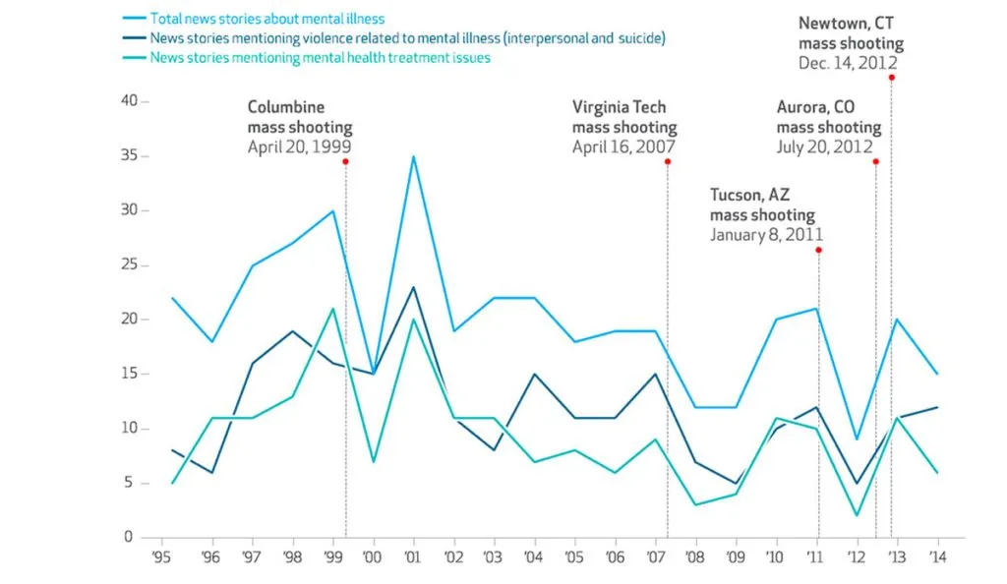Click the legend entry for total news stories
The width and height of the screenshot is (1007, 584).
pyautogui.click(x=267, y=19)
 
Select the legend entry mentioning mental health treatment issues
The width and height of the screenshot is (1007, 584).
pyautogui.click(x=320, y=58)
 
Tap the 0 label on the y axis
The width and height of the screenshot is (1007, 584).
pyautogui.click(x=128, y=537)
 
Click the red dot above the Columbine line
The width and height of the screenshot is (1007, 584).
pyautogui.click(x=345, y=161)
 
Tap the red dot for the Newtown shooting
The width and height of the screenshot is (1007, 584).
pyautogui.click(x=891, y=77)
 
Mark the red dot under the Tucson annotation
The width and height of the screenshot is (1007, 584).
pyautogui.click(x=818, y=250)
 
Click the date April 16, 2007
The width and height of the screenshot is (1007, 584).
pyautogui.click(x=623, y=146)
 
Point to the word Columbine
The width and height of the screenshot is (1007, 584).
pyautogui.click(x=285, y=106)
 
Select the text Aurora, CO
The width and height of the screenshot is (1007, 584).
pyautogui.click(x=815, y=106)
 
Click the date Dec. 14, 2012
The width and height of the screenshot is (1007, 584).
pyautogui.click(x=848, y=62)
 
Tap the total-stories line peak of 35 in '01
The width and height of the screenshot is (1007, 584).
pyautogui.click(x=414, y=156)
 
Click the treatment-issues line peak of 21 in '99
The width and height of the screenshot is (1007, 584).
pyautogui.click(x=333, y=309)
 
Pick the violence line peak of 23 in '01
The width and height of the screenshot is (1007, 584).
pyautogui.click(x=414, y=287)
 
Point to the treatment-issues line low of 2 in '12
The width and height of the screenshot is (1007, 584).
pyautogui.click(x=858, y=515)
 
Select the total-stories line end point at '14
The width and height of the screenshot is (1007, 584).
pyautogui.click(x=937, y=374)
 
